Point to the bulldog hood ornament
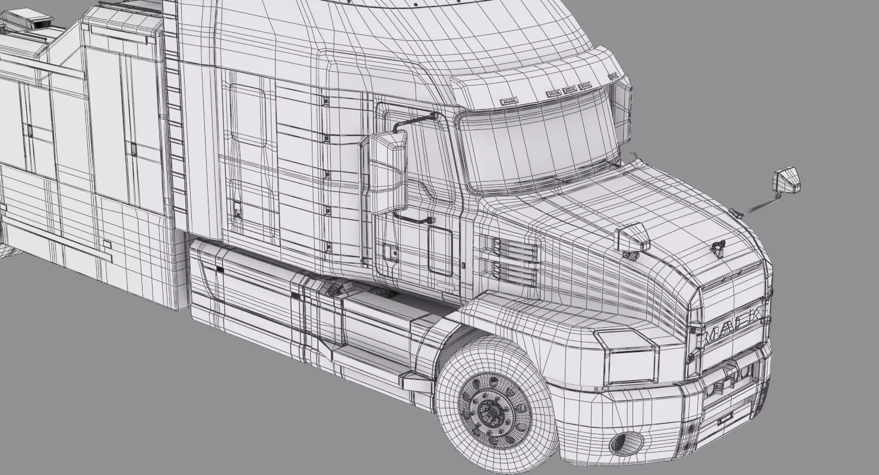720,246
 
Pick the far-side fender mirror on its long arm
787,180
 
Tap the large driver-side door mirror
388,172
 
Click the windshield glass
537,142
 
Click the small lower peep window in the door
440,252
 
